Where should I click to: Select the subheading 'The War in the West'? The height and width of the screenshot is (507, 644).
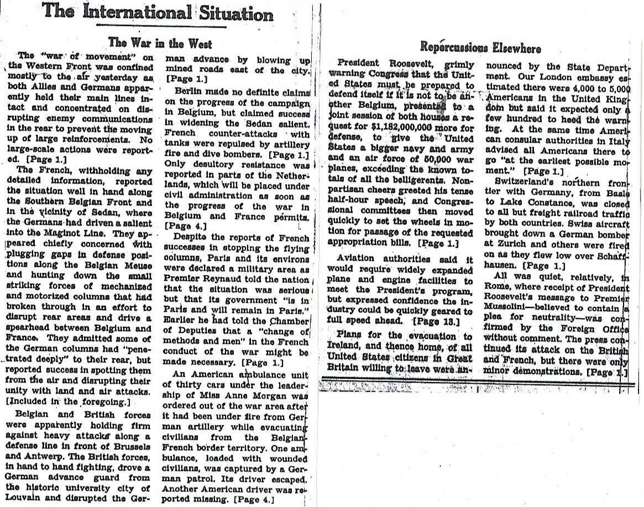click(x=160, y=43)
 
